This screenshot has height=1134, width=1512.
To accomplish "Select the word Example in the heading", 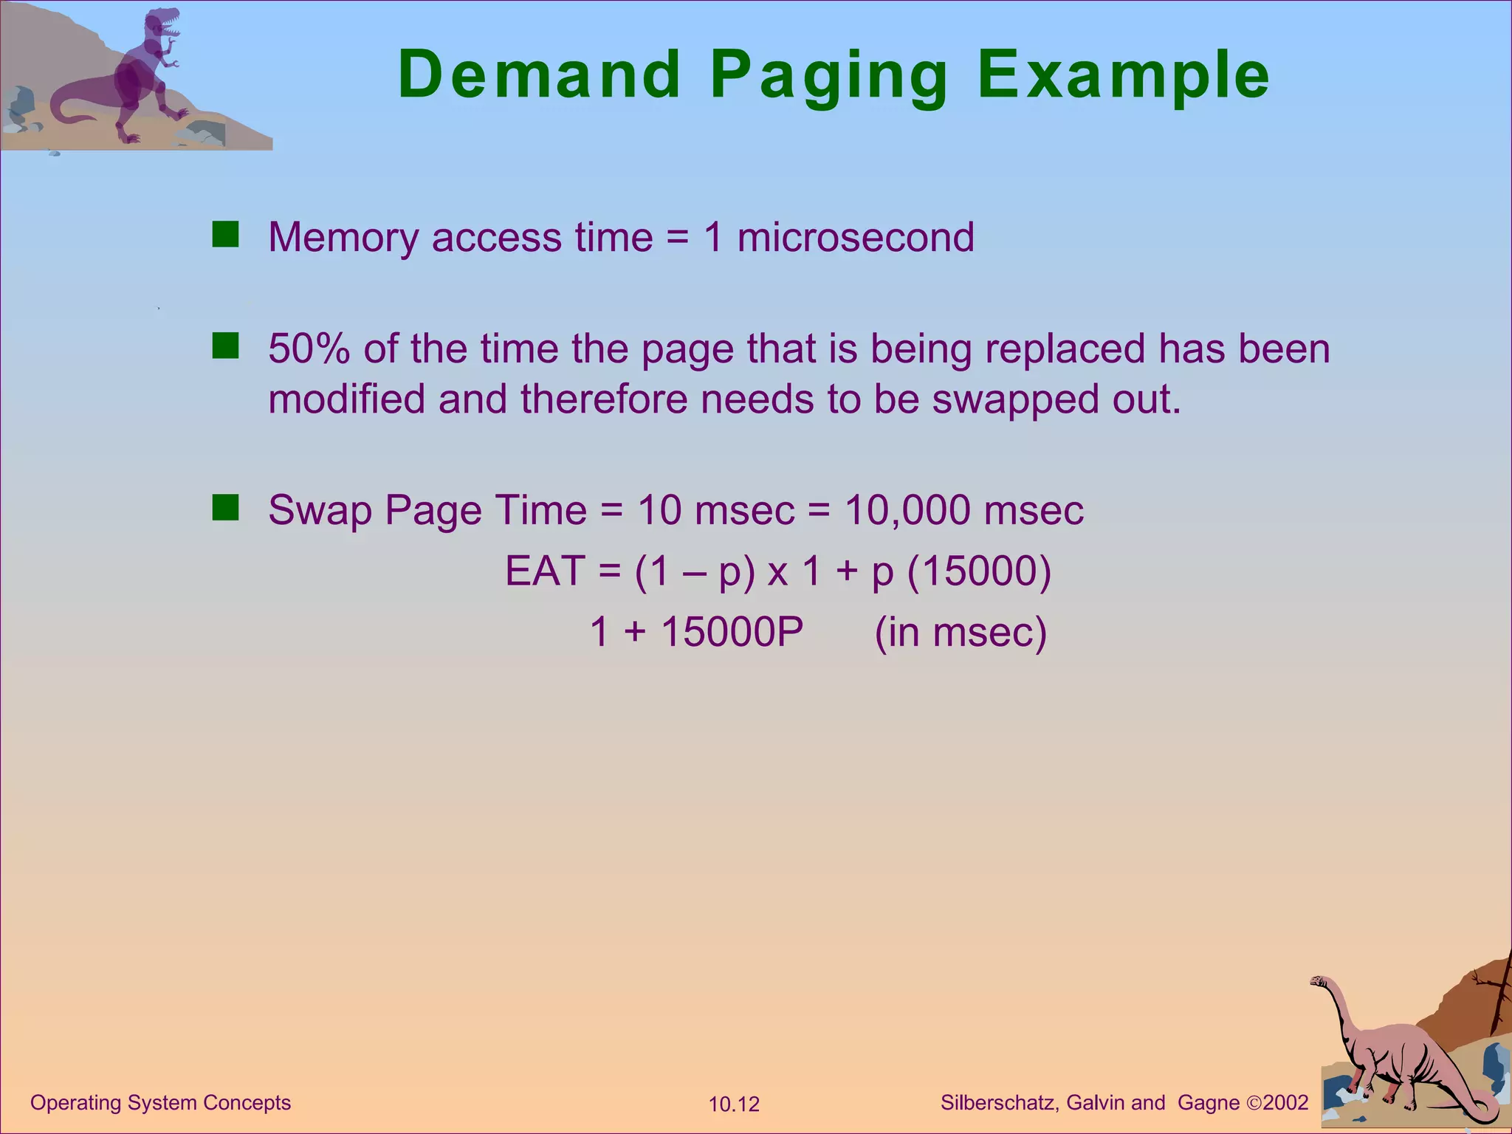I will point(1123,75).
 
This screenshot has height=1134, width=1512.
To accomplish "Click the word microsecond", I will point(856,238).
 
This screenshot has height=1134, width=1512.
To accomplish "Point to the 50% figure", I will point(309,348).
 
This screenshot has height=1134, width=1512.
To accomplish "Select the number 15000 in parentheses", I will point(978,571).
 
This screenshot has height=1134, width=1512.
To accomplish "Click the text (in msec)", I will point(961,633).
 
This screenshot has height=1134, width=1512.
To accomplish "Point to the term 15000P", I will point(732,633).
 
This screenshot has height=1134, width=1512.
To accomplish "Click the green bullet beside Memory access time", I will point(225,235).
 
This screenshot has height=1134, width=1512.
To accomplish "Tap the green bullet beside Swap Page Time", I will point(225,508).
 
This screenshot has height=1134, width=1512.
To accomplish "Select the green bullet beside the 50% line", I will point(225,346).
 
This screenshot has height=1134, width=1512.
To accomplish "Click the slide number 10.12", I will point(734,1104).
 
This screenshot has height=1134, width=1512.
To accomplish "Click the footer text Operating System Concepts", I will point(161,1103).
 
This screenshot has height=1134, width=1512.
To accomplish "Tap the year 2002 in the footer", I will point(1285,1103).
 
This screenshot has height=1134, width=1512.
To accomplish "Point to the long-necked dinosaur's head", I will point(1319,981).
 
